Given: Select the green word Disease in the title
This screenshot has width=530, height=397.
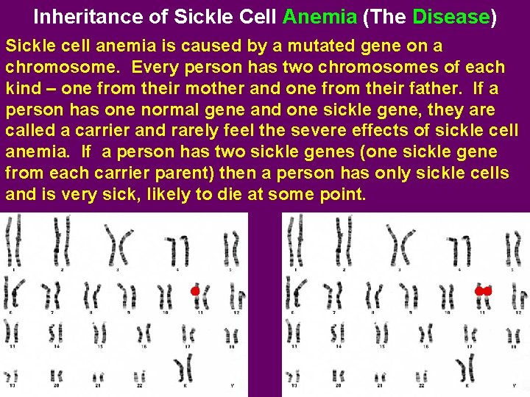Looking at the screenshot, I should [x=451, y=16].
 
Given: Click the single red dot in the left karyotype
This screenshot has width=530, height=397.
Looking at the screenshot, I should [x=195, y=291].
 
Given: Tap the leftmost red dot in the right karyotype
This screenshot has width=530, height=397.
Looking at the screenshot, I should [x=479, y=291].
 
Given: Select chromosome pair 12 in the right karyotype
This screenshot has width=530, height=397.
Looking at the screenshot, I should [x=519, y=296].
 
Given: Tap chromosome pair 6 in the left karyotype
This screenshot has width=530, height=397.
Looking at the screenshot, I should [x=12, y=294].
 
